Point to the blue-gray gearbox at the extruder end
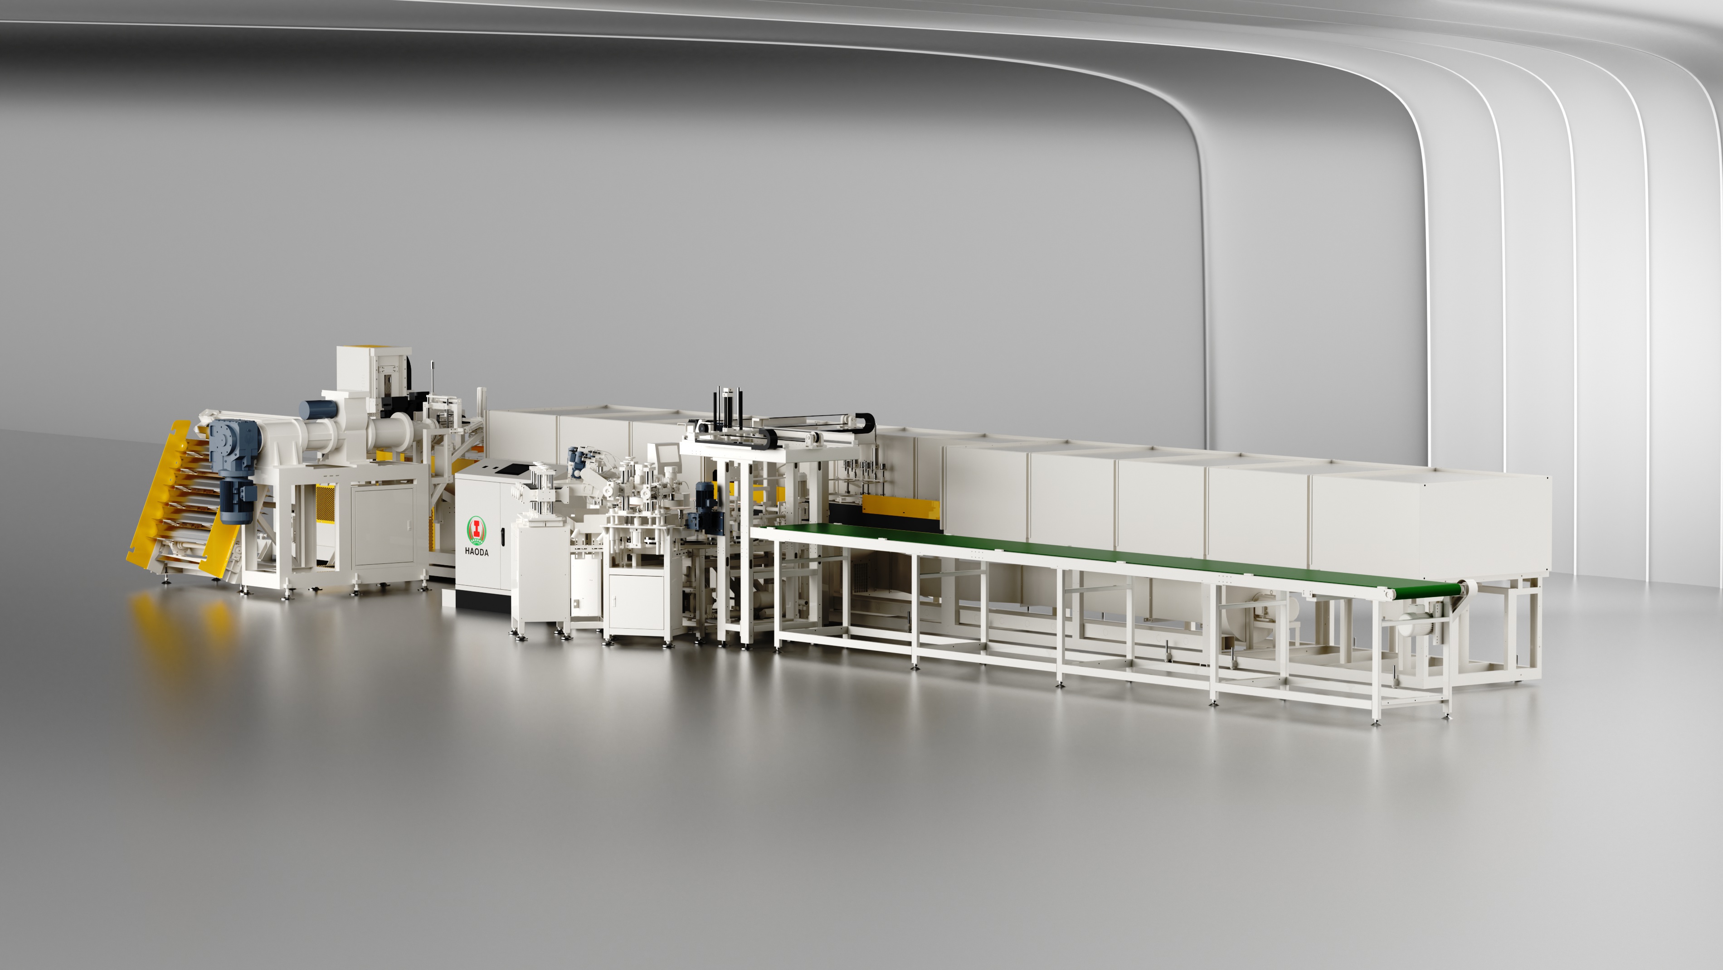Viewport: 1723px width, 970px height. (234, 445)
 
